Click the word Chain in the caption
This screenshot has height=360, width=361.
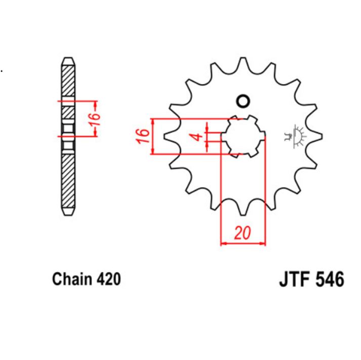[71, 279]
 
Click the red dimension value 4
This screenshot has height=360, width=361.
[199, 136]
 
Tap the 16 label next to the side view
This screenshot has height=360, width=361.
[95, 118]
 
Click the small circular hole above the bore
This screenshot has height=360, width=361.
[244, 101]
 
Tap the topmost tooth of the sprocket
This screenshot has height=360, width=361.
[244, 60]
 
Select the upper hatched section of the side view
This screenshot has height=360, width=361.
[68, 81]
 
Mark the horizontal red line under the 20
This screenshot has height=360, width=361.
[243, 244]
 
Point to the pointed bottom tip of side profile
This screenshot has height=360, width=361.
[68, 211]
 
